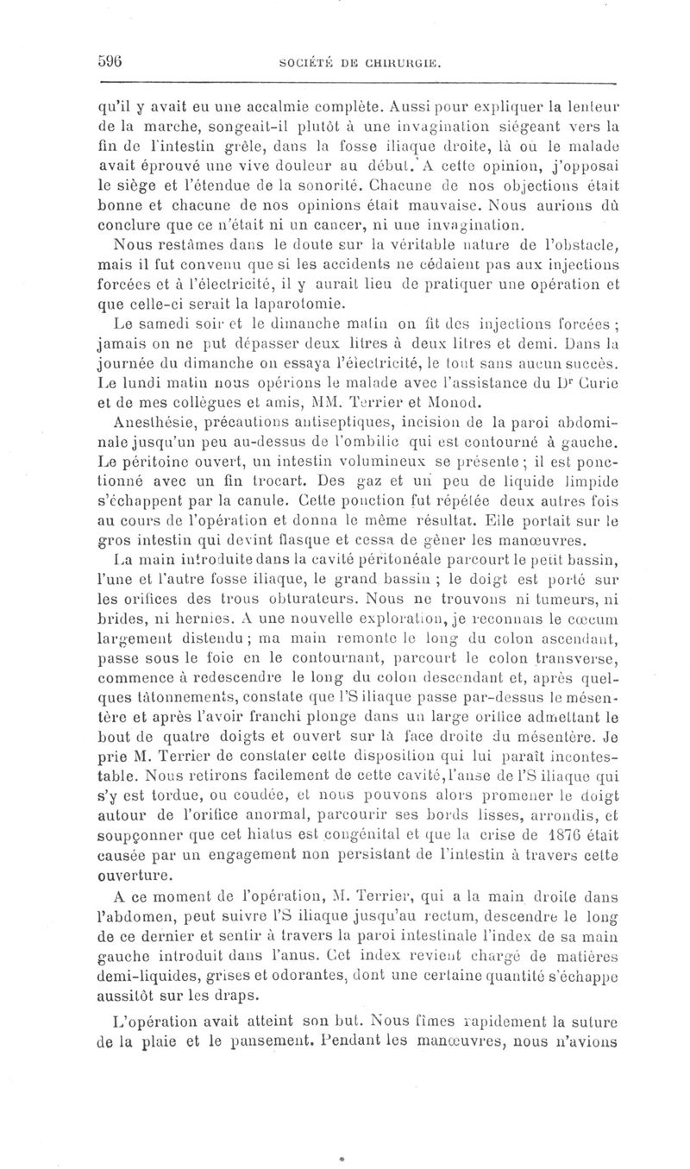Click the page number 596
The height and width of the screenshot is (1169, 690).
coord(112,61)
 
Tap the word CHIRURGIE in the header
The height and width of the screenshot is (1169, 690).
coord(404,62)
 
